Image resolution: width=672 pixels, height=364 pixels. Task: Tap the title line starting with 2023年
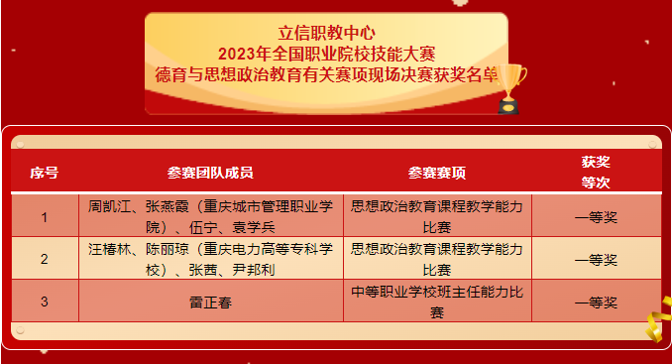click(x=326, y=51)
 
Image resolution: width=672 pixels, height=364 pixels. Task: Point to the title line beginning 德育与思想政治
click(x=326, y=72)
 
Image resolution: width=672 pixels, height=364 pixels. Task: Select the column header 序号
click(x=45, y=173)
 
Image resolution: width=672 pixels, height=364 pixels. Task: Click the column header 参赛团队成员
click(x=210, y=173)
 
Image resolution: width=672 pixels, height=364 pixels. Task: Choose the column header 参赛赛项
click(x=437, y=173)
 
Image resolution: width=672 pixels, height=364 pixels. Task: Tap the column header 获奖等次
click(x=596, y=172)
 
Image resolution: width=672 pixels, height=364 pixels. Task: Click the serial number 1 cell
click(x=45, y=217)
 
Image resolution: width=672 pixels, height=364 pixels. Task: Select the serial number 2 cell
click(x=45, y=260)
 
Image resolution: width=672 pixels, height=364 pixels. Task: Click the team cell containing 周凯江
click(x=210, y=217)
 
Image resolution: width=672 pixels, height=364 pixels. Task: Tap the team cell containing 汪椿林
click(x=210, y=260)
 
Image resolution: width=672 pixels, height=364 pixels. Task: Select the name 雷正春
click(x=210, y=302)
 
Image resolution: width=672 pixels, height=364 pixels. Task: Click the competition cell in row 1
click(x=437, y=217)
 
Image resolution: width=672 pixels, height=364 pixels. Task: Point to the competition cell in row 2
click(x=437, y=260)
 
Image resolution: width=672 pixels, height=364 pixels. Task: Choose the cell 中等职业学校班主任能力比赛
click(x=437, y=302)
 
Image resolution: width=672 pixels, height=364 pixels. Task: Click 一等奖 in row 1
click(x=596, y=217)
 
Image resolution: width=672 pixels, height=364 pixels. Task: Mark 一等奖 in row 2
click(x=596, y=260)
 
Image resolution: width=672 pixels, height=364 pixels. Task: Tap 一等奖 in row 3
click(x=596, y=302)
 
